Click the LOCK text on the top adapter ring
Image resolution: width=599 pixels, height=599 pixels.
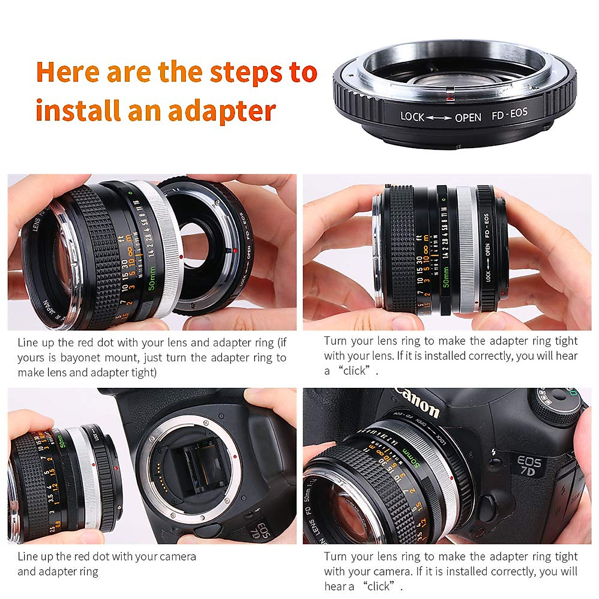coord(412,117)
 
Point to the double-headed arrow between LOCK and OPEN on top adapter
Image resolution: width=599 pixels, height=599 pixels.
coord(439,118)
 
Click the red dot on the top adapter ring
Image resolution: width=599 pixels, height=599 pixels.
coord(448,91)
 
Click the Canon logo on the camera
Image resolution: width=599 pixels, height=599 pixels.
coord(417,402)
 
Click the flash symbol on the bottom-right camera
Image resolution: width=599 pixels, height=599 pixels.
coord(494,453)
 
